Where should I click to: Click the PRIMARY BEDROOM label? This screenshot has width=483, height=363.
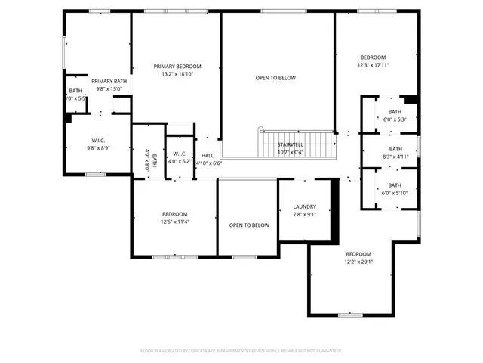177,67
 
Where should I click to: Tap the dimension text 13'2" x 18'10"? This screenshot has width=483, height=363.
177,74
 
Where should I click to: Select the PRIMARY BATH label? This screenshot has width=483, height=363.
109,81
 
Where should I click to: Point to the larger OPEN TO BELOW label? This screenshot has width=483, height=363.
275,78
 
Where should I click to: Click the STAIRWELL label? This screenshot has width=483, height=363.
291,144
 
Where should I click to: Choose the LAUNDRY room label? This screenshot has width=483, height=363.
304,206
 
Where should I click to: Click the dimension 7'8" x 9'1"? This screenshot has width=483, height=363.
304,214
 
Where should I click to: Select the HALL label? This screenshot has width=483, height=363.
207,155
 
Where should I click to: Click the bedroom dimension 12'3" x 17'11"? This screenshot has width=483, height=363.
373,66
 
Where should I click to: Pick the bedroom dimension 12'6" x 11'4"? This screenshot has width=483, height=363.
174,222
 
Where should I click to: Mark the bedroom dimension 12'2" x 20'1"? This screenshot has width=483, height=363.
358,262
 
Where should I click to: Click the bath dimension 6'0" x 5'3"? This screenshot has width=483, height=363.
395,119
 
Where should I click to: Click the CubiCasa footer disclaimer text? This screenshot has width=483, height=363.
241,351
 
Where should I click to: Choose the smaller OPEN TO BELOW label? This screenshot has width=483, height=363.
249,225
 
